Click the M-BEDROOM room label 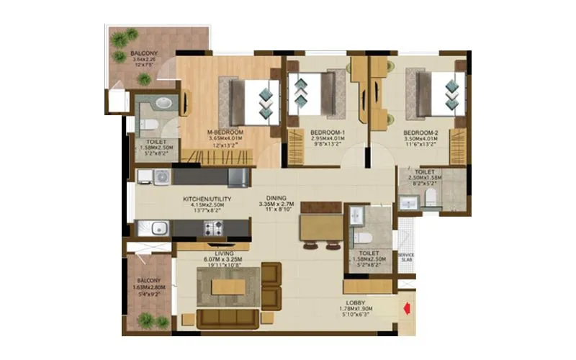tap(225, 133)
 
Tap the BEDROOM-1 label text tap(328, 133)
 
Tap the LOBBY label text tap(354, 304)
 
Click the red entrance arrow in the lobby tap(409, 310)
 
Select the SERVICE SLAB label tap(406, 257)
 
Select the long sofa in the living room tap(225, 318)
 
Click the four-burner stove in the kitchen tap(214, 230)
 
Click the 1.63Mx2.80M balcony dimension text tap(147, 287)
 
